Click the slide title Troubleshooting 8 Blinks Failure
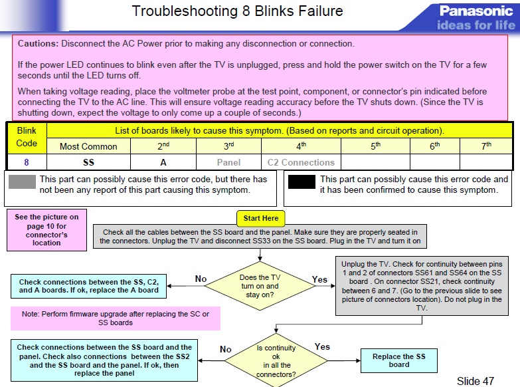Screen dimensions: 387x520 click(x=237, y=11)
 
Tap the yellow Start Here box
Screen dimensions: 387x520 click(x=261, y=218)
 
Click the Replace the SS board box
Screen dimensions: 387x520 click(x=398, y=360)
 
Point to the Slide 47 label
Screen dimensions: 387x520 click(x=475, y=381)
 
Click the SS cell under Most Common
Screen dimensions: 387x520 click(x=88, y=162)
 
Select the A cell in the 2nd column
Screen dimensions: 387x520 click(x=163, y=162)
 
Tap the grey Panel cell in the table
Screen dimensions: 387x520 click(x=228, y=162)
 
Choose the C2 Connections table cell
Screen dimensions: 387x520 click(x=301, y=162)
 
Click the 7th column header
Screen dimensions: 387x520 click(x=487, y=146)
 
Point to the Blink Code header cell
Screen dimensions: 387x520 click(x=27, y=138)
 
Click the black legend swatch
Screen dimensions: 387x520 click(x=301, y=184)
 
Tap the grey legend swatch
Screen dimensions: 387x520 click(x=21, y=184)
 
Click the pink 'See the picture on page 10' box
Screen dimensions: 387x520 click(x=46, y=230)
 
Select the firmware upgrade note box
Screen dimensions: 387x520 click(x=115, y=318)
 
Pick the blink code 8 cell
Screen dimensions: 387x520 click(x=26, y=162)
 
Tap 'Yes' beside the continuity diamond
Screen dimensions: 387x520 click(x=322, y=347)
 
